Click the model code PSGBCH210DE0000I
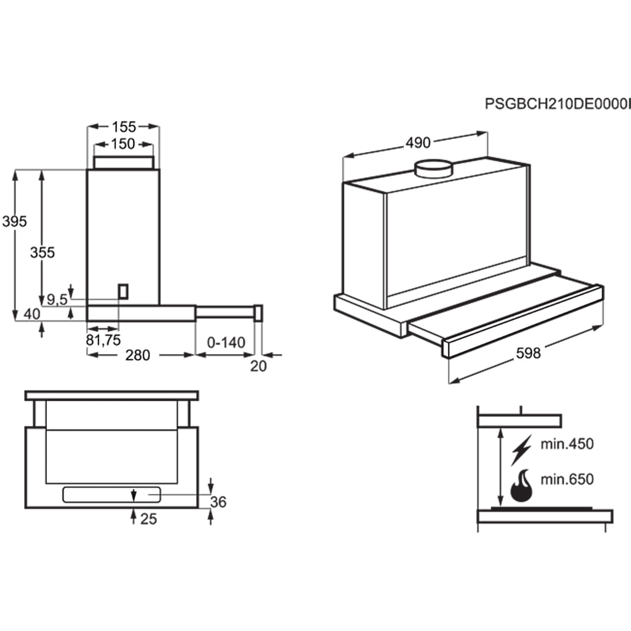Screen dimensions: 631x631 pos(557,104)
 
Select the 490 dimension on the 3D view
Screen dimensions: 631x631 pos(418,144)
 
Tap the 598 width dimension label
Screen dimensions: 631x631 pos(528,353)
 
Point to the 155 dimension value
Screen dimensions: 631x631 pos(123,126)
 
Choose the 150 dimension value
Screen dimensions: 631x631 pos(123,144)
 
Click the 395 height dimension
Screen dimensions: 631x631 pos(14,221)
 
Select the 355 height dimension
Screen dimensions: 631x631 pos(42,252)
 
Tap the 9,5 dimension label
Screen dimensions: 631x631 pos(56,300)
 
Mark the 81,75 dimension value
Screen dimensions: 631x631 pos(103,340)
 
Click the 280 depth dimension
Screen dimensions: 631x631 pos(138,355)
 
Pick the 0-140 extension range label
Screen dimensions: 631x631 pos(225,343)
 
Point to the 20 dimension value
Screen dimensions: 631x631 pos(259,366)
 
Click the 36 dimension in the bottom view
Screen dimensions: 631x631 pos(218,502)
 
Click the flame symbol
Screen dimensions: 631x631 pos(521,486)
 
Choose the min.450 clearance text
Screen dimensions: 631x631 pos(567,444)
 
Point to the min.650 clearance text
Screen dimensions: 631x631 pos(567,480)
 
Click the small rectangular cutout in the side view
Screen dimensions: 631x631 pos(124,291)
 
